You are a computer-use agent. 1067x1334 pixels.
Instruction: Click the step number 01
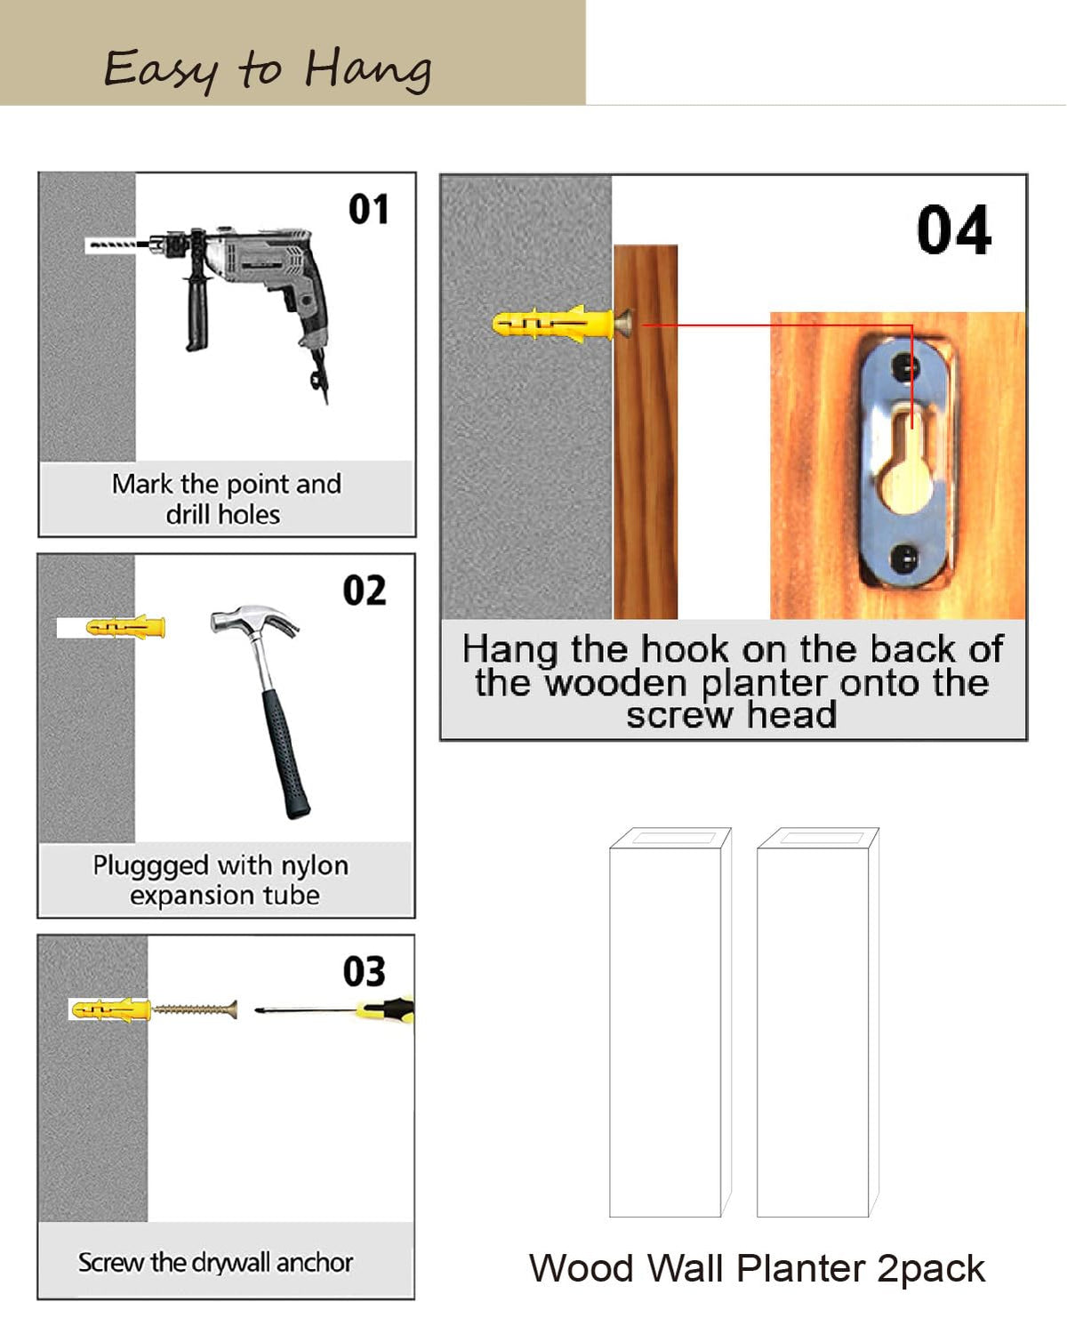[368, 209]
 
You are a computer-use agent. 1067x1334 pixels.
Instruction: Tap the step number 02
[365, 591]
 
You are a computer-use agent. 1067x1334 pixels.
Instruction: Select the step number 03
[365, 971]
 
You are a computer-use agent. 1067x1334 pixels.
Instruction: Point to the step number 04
[954, 229]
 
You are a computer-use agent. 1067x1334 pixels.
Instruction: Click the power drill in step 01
[248, 292]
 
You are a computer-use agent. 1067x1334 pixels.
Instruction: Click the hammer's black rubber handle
[286, 754]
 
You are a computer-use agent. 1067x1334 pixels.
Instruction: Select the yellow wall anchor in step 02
[126, 627]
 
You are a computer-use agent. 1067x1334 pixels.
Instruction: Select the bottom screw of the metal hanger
[904, 559]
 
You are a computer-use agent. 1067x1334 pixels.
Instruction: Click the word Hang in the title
[368, 70]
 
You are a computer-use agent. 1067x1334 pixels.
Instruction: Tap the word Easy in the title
[161, 71]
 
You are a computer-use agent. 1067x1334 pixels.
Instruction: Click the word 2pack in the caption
[931, 1269]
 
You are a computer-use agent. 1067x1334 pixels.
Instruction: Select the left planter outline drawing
[670, 1022]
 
